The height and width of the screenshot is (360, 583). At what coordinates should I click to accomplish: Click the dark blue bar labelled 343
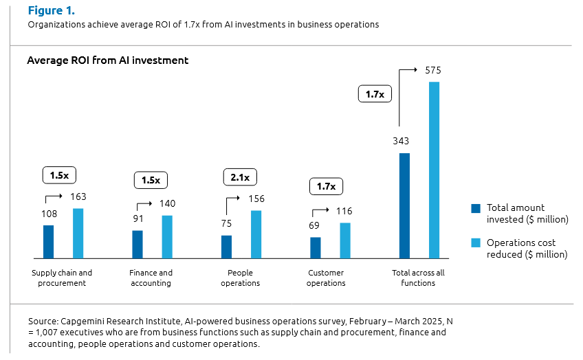(x=404, y=205)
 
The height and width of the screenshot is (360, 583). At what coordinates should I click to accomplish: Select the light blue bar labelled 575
(x=434, y=170)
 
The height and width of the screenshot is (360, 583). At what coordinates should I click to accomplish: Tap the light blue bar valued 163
(x=78, y=233)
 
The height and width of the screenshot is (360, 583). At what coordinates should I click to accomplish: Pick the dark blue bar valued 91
(x=137, y=244)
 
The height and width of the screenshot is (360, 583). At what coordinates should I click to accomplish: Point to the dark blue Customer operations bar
(x=316, y=247)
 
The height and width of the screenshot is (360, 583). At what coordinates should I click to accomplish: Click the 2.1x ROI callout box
(x=240, y=178)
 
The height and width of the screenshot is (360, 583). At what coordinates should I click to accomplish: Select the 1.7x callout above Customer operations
(x=325, y=186)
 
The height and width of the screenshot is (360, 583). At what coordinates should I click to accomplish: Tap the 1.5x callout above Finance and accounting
(x=151, y=181)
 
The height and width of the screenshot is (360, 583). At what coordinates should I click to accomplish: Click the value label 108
(x=49, y=214)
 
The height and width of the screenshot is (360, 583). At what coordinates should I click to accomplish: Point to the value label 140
(x=167, y=203)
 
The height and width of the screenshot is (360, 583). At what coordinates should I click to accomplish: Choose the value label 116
(x=345, y=212)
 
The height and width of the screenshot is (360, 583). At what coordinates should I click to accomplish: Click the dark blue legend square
(x=475, y=208)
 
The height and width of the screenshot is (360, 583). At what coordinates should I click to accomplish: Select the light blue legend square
(x=475, y=243)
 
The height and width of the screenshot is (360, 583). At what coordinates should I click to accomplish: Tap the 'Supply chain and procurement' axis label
(x=62, y=278)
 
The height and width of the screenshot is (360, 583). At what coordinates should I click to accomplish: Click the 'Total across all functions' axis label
(x=418, y=278)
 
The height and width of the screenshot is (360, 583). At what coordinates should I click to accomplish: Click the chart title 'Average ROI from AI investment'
(x=107, y=60)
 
